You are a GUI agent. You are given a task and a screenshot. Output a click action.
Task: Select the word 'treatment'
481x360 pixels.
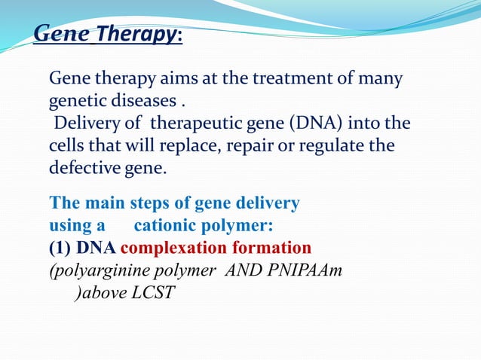point(293,78)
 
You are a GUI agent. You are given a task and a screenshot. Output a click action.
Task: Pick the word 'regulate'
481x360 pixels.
point(328,146)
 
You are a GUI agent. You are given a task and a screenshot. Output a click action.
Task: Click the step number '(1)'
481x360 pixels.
point(62,248)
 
